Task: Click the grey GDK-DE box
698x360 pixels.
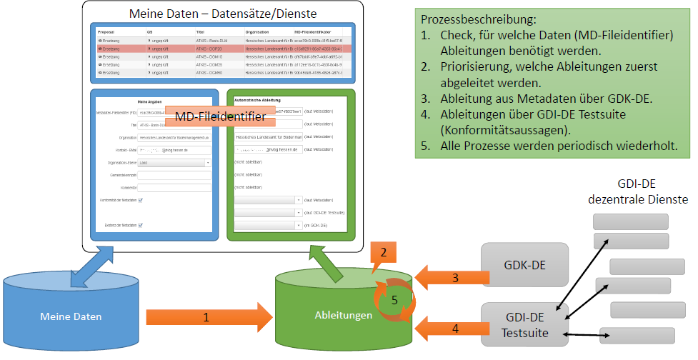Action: click(524, 265)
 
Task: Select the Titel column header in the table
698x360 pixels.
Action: click(201, 32)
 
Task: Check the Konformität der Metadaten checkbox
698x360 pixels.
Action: click(141, 200)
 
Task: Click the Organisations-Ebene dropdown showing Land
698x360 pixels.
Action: click(174, 163)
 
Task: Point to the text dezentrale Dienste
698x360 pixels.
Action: click(638, 200)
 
